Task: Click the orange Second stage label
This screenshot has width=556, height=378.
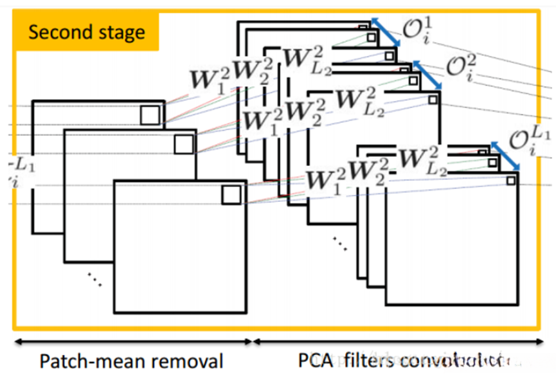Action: coord(85,32)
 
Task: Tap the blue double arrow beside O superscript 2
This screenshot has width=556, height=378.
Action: coord(428,75)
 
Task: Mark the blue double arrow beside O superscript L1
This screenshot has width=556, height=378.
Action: coord(506,156)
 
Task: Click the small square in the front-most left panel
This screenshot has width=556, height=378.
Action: coord(231,195)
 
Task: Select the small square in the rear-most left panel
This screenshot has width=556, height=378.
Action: coord(150,115)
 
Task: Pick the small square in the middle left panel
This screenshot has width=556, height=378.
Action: coord(183,144)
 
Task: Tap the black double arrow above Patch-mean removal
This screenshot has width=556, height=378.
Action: coord(132,340)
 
